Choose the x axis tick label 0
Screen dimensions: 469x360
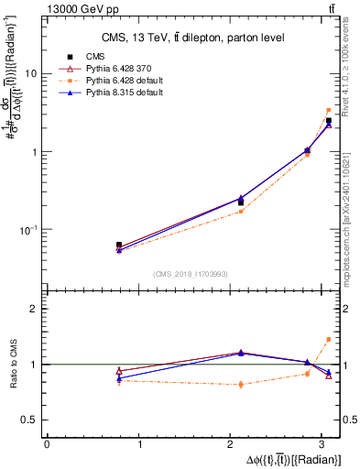click(x=47, y=444)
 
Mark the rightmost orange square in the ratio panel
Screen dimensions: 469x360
click(x=329, y=339)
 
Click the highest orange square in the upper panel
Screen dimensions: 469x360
click(x=329, y=111)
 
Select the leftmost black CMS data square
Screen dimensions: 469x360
click(x=119, y=245)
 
